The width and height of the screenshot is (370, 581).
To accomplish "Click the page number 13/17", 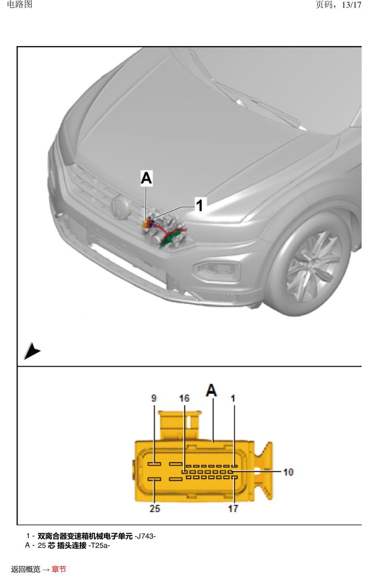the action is tap(351, 5).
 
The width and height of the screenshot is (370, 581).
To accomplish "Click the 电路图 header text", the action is tap(20, 4).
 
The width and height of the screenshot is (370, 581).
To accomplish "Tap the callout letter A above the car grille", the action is tap(146, 178).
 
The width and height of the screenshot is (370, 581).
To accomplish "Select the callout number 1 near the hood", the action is tap(199, 205).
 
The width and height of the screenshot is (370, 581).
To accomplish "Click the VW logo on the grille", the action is tap(120, 207).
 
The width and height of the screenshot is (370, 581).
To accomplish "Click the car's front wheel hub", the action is tap(311, 266).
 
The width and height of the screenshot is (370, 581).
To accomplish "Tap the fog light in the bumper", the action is tap(217, 271).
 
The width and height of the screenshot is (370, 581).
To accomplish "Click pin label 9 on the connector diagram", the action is tap(154, 398).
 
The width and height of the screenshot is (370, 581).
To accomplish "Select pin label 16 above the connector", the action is tap(184, 398).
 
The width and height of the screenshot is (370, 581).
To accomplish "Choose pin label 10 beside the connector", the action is tap(288, 472).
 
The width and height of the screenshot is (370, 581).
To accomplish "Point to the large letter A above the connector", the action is tap(211, 390).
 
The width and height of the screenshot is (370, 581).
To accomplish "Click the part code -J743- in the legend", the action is tap(145, 536).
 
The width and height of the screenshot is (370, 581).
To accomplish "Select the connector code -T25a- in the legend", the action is tap(99, 545).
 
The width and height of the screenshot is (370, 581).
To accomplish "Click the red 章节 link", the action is tap(59, 569).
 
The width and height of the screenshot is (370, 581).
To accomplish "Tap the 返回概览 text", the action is tap(26, 569).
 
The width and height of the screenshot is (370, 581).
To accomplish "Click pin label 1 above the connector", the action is tap(233, 398).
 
